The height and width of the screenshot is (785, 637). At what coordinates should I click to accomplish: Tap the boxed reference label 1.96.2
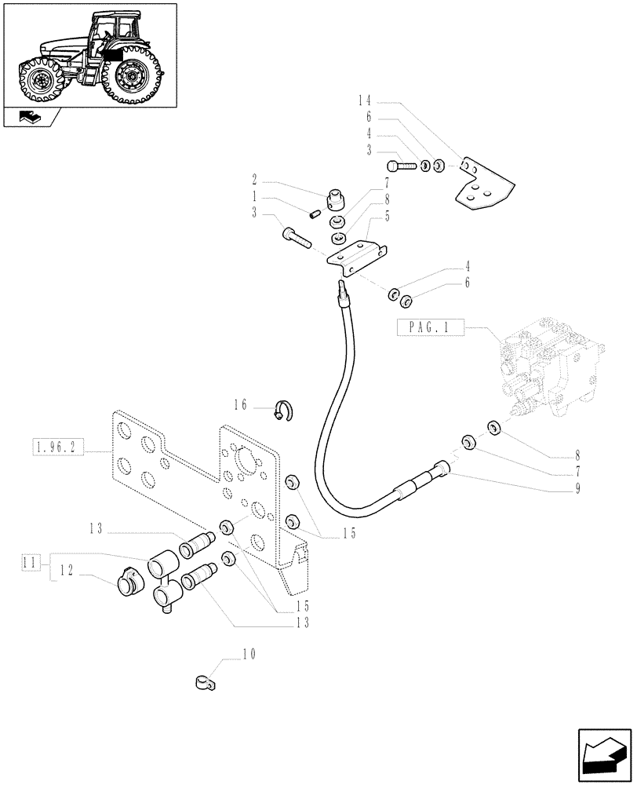tap(56, 449)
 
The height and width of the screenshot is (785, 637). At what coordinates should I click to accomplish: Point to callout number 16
tap(240, 405)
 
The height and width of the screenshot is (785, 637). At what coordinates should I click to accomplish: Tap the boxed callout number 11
tap(31, 562)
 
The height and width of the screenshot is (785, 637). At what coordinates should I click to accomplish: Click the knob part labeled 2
tap(338, 199)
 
